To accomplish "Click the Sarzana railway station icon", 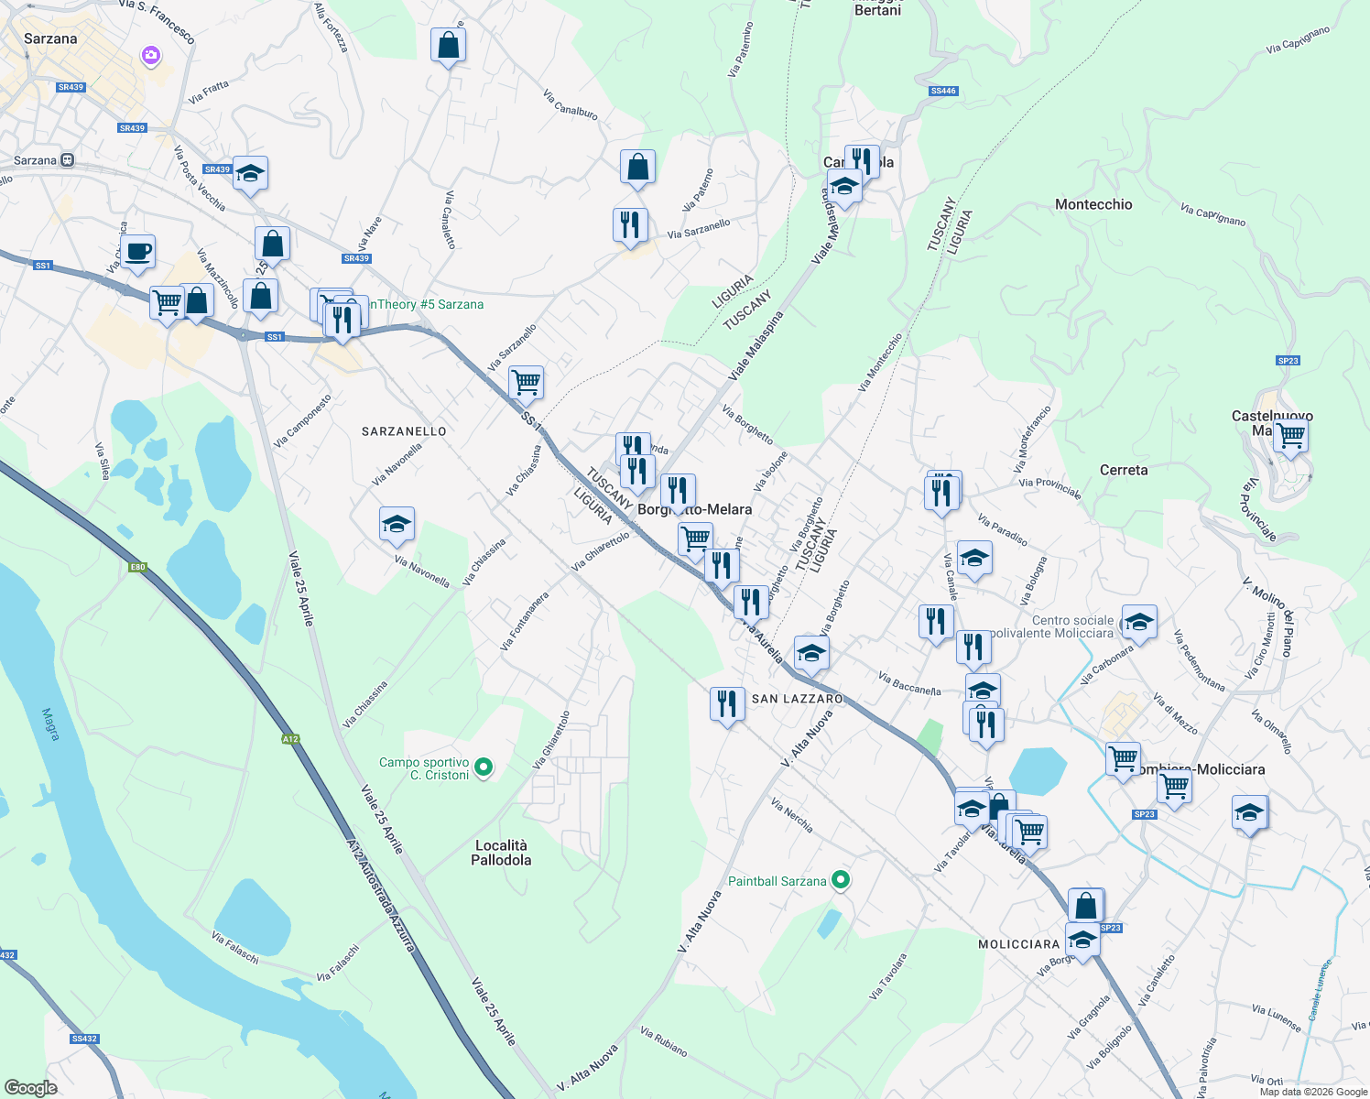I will (68, 160).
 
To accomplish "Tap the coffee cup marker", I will (137, 252).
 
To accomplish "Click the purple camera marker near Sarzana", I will (151, 56).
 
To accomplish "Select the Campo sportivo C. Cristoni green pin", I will (484, 767).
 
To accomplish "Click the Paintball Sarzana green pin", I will (841, 881).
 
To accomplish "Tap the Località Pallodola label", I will (501, 853).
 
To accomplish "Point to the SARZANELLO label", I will (404, 431).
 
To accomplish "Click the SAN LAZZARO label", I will (797, 699).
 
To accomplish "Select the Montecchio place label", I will (1093, 204).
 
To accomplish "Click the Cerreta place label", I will (1124, 470).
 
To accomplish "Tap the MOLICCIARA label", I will (1018, 944).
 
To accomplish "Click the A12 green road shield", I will (290, 738).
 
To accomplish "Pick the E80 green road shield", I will (137, 567).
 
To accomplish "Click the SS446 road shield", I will (943, 91).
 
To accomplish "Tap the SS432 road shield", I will (84, 1039).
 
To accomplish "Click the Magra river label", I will (49, 724).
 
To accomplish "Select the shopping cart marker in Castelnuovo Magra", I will (1290, 436).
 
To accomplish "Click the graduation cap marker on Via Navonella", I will (397, 525).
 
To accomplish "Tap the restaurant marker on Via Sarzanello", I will (630, 224).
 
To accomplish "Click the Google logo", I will (31, 1087).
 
